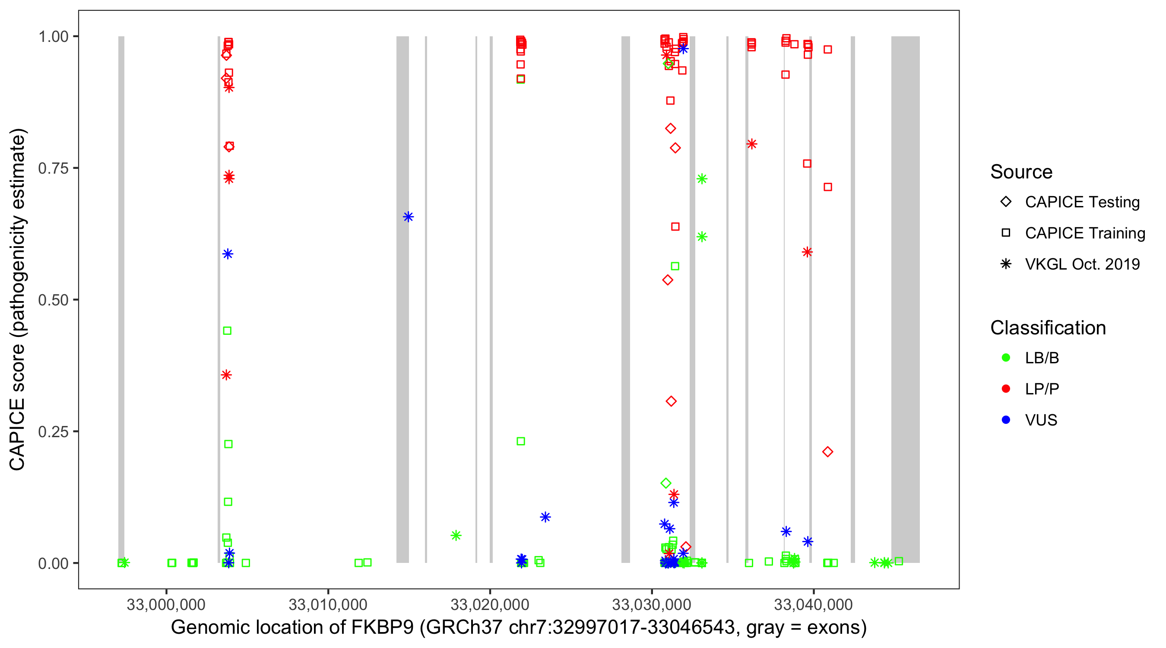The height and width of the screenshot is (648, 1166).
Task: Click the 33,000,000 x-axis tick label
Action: [x=166, y=604]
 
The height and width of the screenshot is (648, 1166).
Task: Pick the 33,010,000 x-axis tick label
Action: [x=328, y=604]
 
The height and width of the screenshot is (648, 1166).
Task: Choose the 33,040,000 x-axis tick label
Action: [x=814, y=604]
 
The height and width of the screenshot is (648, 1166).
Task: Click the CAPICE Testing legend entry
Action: [x=1082, y=202]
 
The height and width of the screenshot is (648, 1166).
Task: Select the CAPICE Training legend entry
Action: [x=1084, y=233]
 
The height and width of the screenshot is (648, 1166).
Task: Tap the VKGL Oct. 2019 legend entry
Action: [x=1082, y=264]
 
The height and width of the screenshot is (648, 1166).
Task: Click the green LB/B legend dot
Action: [x=1006, y=358]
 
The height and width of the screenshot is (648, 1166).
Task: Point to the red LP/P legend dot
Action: [x=1006, y=389]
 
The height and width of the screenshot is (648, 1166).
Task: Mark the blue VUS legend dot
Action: [x=1006, y=420]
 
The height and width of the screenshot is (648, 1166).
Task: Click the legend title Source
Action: [x=1021, y=172]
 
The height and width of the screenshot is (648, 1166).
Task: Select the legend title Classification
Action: [x=1048, y=328]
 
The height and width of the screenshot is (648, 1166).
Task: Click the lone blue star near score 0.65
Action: [x=408, y=217]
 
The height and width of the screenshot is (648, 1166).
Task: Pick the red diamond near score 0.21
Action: [x=827, y=451]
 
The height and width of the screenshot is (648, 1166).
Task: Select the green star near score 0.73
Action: [x=702, y=179]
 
